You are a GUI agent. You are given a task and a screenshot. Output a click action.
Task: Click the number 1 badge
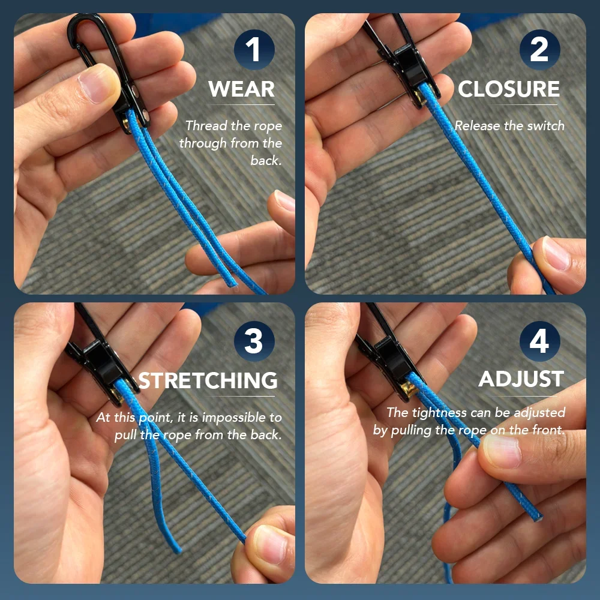[x=254, y=50]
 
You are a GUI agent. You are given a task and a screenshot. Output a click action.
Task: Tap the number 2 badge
[x=539, y=50]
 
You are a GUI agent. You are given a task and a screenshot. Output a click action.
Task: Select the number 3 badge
[x=254, y=341]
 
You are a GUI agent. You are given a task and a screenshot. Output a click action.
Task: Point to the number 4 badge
[x=539, y=341]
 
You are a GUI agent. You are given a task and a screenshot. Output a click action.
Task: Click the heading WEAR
[x=241, y=89]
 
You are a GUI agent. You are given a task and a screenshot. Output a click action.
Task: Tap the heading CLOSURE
[x=509, y=89]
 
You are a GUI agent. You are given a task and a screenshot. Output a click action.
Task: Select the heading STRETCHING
[x=208, y=380]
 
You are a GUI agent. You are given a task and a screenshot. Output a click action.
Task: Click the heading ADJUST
[x=521, y=379]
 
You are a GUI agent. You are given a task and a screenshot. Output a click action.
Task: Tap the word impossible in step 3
[x=235, y=418]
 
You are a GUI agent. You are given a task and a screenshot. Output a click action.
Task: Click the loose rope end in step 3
[x=177, y=550]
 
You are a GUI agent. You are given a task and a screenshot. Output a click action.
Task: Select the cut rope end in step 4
[x=537, y=517]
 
